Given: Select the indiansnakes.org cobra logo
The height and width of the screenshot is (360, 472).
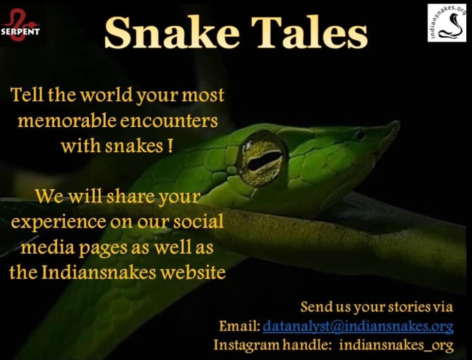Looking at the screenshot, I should [x=446, y=23].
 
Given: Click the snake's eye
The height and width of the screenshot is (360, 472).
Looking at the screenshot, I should [x=262, y=158].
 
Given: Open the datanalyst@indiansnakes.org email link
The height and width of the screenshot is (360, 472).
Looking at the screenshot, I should [x=358, y=326].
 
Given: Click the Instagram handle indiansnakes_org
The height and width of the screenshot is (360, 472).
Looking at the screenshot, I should [x=396, y=345].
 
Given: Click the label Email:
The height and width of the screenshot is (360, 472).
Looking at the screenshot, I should [x=239, y=326].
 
